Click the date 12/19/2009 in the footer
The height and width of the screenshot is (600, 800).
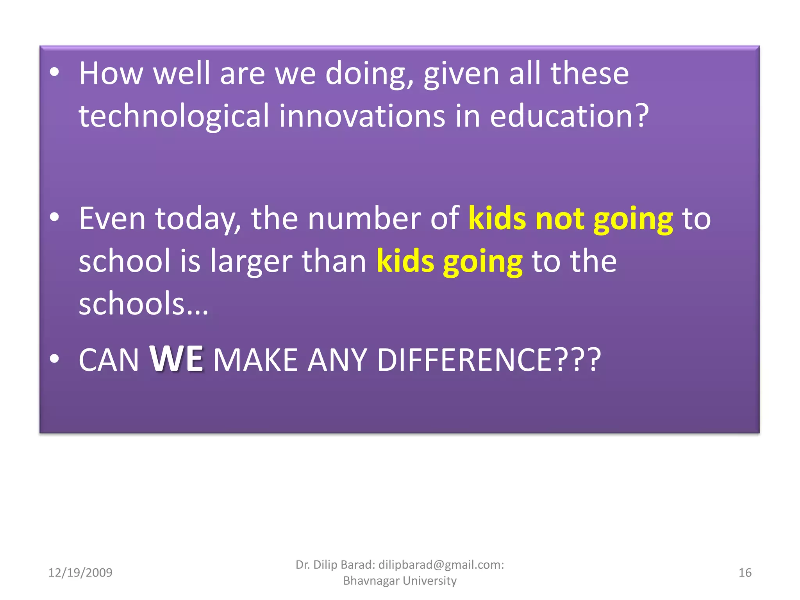(x=80, y=573)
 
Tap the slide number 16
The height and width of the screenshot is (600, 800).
(x=745, y=573)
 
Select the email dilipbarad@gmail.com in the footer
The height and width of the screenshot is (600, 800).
(x=441, y=564)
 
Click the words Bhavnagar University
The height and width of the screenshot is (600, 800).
(x=400, y=581)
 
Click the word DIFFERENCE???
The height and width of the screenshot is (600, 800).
(x=488, y=360)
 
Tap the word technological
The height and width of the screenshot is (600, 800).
(x=174, y=116)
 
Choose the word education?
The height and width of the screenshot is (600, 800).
(x=569, y=116)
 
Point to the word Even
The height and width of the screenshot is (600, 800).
(x=112, y=219)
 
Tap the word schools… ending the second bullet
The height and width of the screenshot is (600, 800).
(x=143, y=304)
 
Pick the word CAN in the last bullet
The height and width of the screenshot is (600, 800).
(x=109, y=360)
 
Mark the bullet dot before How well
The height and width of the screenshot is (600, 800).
(x=55, y=72)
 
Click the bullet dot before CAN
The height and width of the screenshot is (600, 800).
(x=55, y=359)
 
